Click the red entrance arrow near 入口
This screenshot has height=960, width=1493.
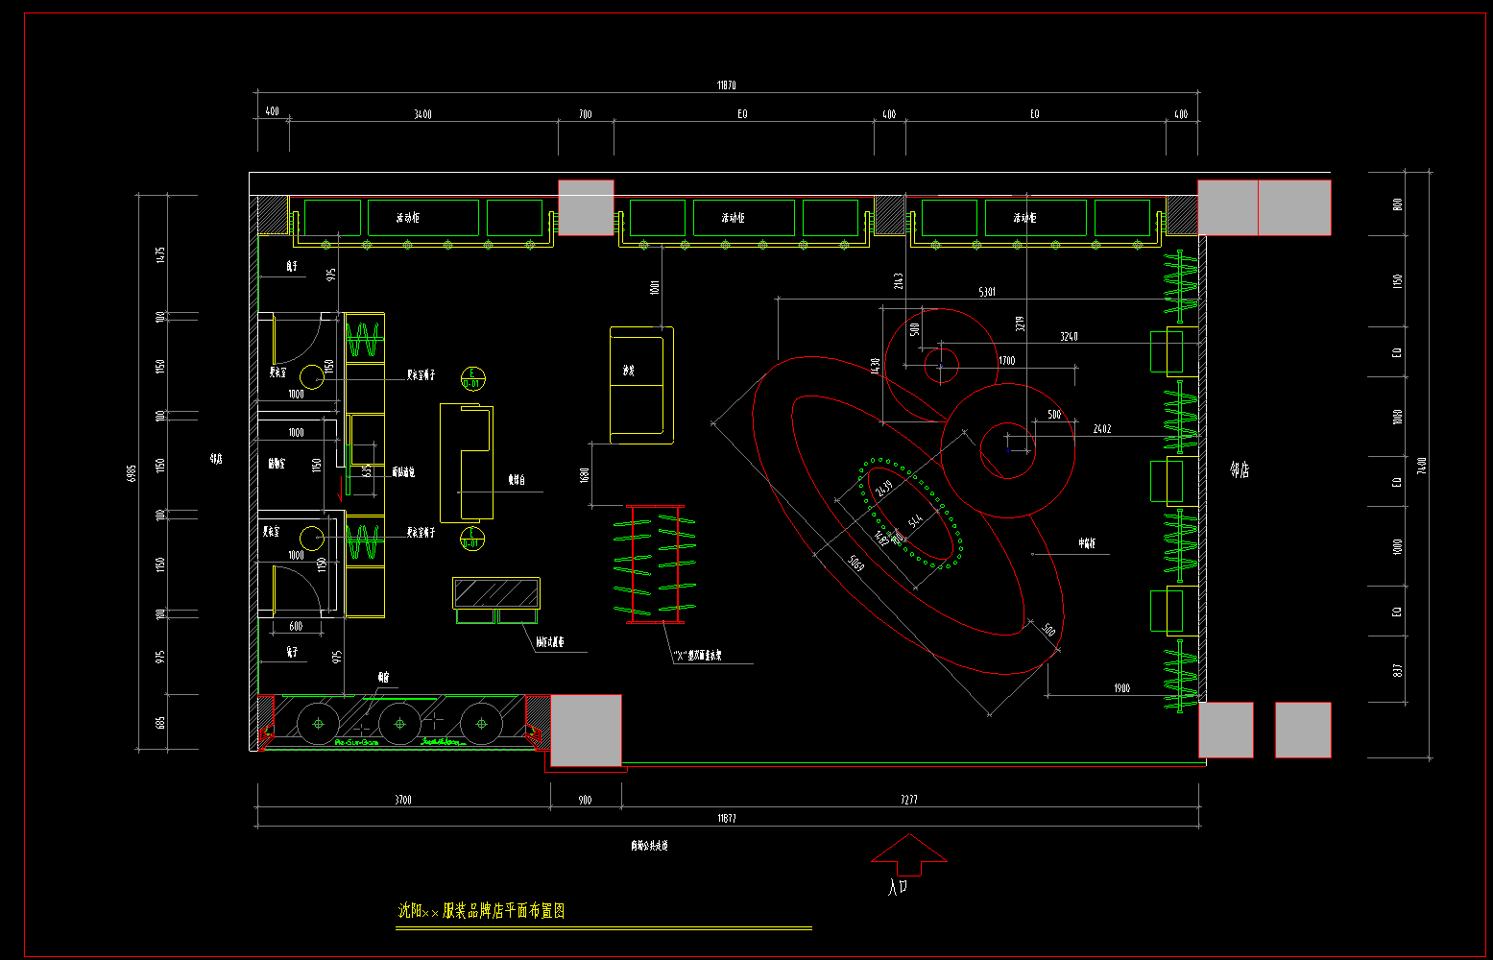(x=908, y=853)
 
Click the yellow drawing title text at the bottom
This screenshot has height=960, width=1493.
(x=482, y=911)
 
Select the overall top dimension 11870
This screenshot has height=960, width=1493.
(x=727, y=85)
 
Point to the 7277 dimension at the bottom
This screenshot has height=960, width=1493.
(x=909, y=799)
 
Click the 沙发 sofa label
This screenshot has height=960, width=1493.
(x=629, y=371)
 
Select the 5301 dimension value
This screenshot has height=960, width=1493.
(x=987, y=292)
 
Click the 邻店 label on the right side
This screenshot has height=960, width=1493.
(x=1240, y=469)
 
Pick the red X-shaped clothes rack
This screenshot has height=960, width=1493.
(x=654, y=564)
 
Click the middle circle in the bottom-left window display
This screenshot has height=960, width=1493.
(x=400, y=723)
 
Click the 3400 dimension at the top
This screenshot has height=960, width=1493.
(x=422, y=114)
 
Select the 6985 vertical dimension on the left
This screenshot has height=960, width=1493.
(x=132, y=472)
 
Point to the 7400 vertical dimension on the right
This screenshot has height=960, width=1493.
(x=1422, y=465)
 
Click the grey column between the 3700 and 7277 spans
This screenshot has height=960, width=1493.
(x=586, y=730)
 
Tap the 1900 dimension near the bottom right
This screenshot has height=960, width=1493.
(x=1121, y=688)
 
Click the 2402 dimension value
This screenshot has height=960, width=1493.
(x=1102, y=429)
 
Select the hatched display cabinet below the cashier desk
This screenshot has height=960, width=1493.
(x=496, y=593)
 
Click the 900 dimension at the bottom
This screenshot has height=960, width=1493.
(x=586, y=800)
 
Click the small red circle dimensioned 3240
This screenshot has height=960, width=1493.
(x=941, y=364)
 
